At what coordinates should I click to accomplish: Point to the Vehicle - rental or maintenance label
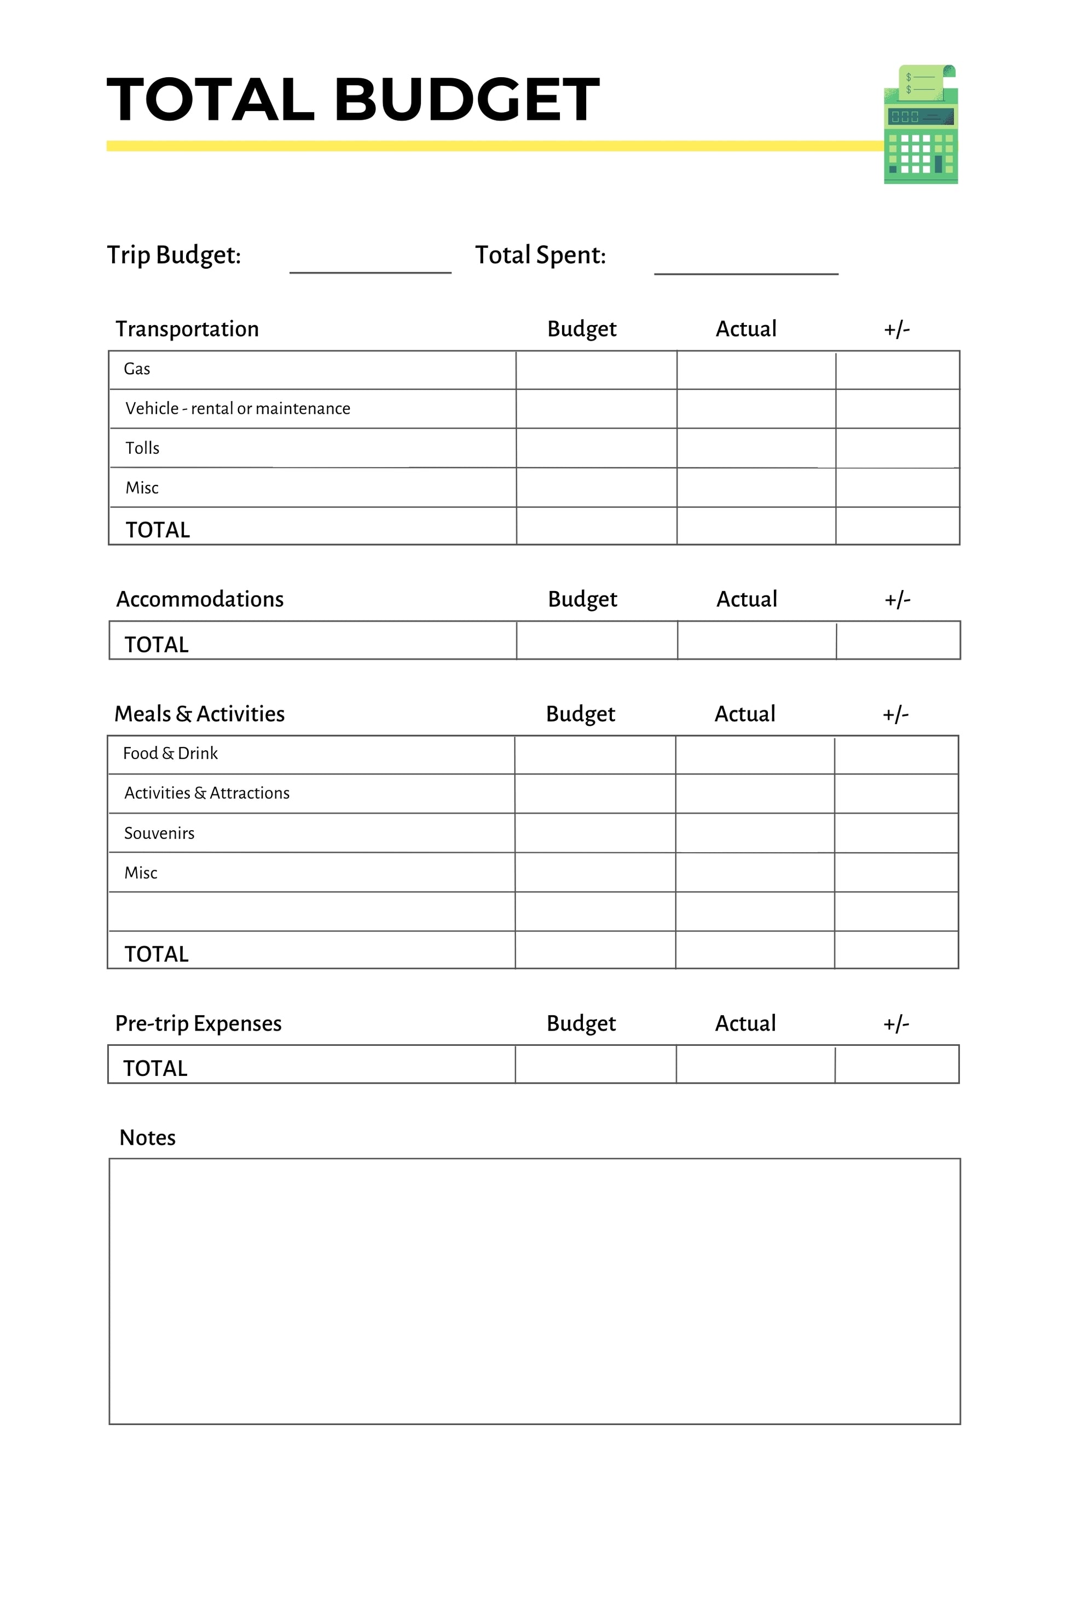tap(238, 408)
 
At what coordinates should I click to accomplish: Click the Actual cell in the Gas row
tap(756, 369)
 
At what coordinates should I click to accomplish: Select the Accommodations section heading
tap(200, 599)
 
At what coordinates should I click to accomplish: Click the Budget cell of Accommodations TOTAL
tap(597, 640)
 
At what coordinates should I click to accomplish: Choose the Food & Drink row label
tap(171, 753)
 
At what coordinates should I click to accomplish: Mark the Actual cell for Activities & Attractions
tap(755, 794)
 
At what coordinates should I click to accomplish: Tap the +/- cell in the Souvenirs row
tap(896, 833)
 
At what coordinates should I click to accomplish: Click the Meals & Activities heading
tap(199, 714)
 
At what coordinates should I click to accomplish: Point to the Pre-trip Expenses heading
tap(198, 1023)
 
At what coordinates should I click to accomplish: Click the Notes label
tap(147, 1138)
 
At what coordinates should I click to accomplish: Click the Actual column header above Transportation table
tap(746, 329)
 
